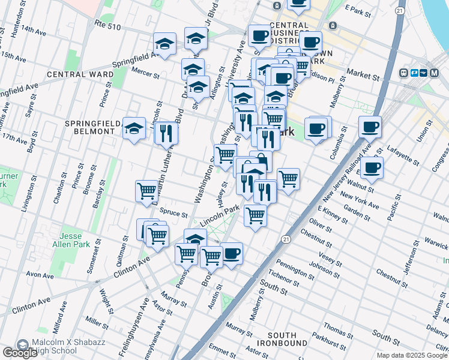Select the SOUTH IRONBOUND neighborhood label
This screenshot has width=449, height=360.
pyautogui.click(x=282, y=338)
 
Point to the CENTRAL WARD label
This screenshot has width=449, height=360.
pyautogui.click(x=80, y=74)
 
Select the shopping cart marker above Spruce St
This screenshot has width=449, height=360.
pyautogui.click(x=146, y=190)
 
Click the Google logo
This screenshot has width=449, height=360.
pyautogui.click(x=20, y=352)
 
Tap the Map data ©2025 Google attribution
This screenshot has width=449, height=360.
pyautogui.click(x=412, y=355)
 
